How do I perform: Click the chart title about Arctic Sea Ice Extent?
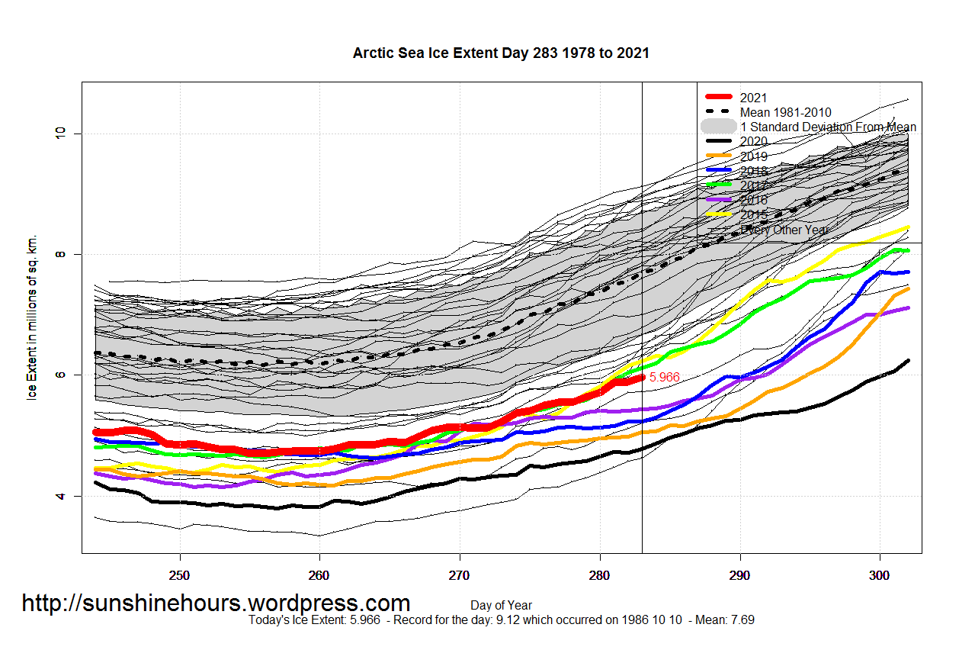click(501, 53)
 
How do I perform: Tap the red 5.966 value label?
click(664, 377)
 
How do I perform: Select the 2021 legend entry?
click(753, 98)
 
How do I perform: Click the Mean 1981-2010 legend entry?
click(785, 112)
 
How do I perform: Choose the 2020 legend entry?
click(753, 142)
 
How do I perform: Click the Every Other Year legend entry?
click(784, 230)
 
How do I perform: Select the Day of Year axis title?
click(501, 607)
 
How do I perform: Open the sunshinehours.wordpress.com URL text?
click(216, 603)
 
